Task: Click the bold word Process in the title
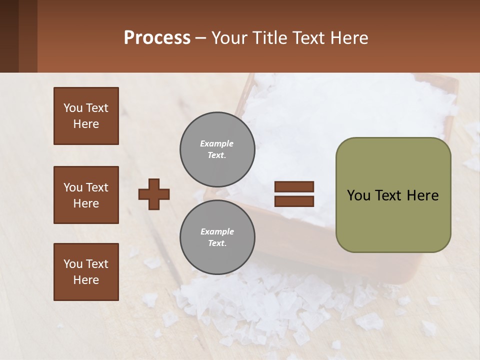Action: click(157, 37)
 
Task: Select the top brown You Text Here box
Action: click(86, 116)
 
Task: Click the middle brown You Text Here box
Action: click(86, 195)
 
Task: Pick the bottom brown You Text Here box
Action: click(86, 272)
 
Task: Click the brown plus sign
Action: click(153, 194)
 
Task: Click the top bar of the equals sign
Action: click(294, 186)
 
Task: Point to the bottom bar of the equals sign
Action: click(294, 201)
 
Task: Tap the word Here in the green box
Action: click(422, 195)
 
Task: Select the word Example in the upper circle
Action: click(217, 144)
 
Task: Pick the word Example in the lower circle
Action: click(217, 232)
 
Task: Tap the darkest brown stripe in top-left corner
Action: click(9, 36)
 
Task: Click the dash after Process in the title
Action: click(201, 38)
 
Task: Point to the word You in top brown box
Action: click(72, 108)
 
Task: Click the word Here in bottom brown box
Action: click(86, 280)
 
